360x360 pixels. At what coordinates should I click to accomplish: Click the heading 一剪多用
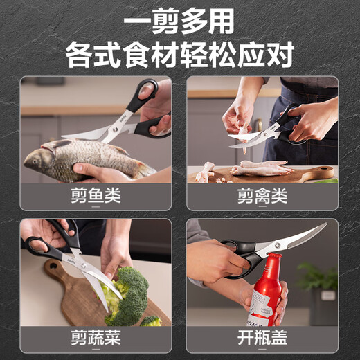[x=179, y=21]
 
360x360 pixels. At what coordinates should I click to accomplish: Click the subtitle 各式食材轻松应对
[x=179, y=53]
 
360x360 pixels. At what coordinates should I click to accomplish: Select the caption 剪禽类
[x=262, y=196]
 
